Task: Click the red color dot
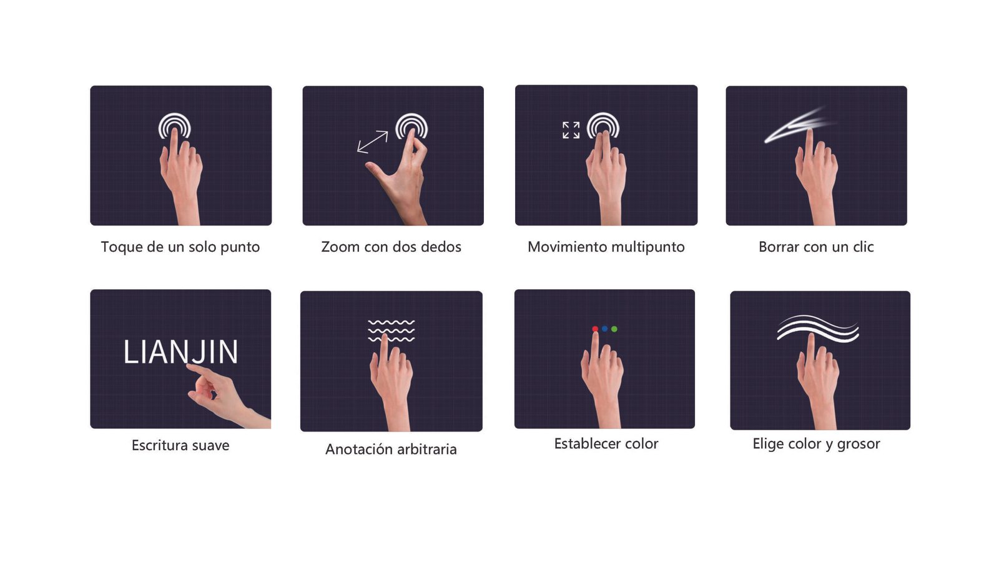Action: (x=595, y=328)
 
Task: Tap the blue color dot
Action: (x=605, y=328)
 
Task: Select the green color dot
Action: (x=614, y=328)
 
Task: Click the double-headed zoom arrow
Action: (x=372, y=142)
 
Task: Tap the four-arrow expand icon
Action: (x=571, y=130)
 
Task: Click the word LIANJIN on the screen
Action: (x=180, y=352)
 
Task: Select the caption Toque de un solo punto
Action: (x=180, y=247)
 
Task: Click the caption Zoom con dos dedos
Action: (x=391, y=247)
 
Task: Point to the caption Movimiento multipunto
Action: (x=606, y=247)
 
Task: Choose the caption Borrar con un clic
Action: (x=816, y=247)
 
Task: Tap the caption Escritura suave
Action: (x=180, y=445)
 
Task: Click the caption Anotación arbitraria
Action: (x=391, y=449)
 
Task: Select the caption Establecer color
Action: (x=606, y=443)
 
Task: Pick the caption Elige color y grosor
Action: (x=816, y=444)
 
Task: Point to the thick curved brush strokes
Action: (x=817, y=328)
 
